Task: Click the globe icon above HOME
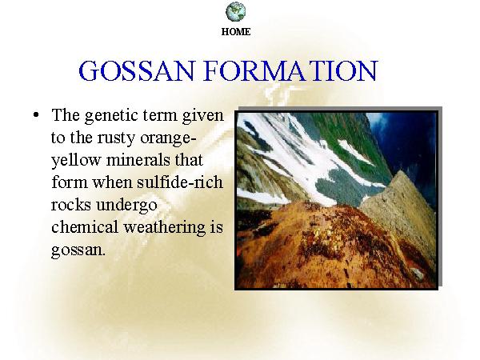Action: [236, 12]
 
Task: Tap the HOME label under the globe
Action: [236, 31]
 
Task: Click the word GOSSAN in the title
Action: [137, 70]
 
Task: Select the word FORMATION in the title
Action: [291, 70]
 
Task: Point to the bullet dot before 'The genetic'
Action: [36, 115]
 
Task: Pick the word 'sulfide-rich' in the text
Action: [180, 182]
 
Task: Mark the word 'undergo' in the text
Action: [126, 206]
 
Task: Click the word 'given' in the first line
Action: [202, 116]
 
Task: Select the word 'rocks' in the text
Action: [70, 205]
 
